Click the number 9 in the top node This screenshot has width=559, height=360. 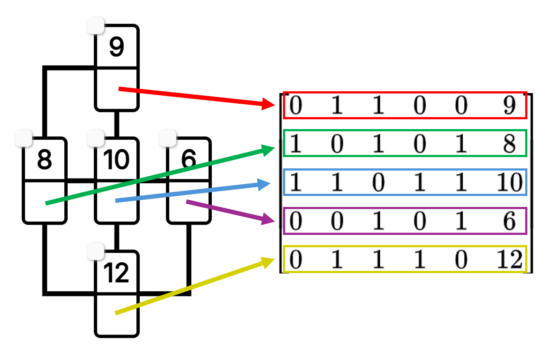116,47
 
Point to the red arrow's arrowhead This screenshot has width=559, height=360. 269,104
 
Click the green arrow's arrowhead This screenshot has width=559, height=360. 269,149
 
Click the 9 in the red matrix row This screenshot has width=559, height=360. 509,105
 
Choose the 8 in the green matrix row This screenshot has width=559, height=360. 509,144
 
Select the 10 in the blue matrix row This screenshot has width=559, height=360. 510,182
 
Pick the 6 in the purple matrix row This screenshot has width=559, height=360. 509,221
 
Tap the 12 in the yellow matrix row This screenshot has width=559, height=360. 510,259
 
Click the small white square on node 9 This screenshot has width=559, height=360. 96,25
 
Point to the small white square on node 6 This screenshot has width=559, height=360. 168,139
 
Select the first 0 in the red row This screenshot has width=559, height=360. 295,105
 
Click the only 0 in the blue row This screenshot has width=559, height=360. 378,182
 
